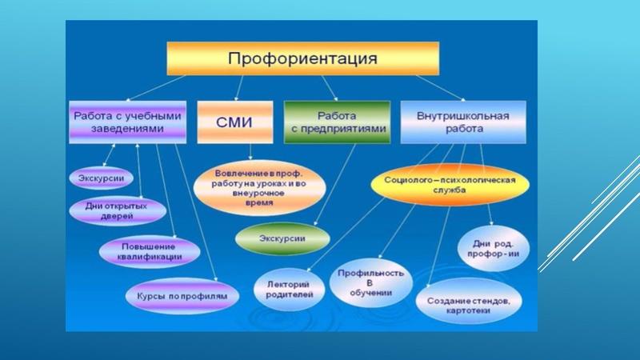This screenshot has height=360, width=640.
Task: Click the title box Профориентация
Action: point(302,58)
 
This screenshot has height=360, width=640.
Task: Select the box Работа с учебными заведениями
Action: point(127,122)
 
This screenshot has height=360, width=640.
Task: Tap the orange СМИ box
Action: point(234,122)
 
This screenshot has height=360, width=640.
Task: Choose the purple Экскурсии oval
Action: point(102,178)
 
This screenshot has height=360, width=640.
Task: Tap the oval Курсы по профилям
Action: point(182,295)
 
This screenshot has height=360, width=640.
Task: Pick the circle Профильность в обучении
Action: point(371,283)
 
